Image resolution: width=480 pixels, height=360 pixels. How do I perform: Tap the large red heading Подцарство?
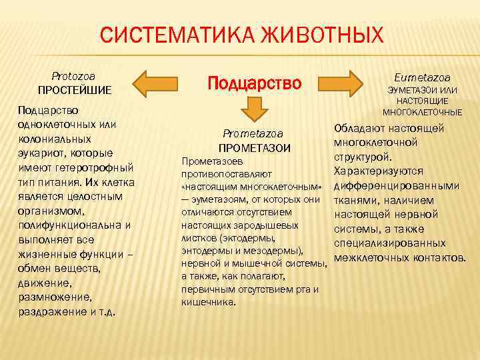[x=255, y=83]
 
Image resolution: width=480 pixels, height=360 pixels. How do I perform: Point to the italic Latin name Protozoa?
[x=73, y=76]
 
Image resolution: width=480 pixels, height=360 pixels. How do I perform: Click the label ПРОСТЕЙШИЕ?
[x=74, y=89]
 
